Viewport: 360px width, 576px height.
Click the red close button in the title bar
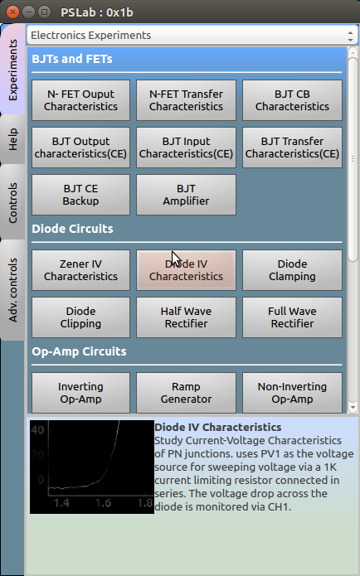point(13,12)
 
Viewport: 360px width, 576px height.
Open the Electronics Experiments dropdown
point(191,36)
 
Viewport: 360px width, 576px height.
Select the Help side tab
point(12,139)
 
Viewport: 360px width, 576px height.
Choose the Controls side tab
point(12,202)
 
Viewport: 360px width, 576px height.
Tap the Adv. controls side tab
point(12,290)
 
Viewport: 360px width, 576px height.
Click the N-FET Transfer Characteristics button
point(186,100)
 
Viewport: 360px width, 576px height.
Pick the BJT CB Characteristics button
point(292,100)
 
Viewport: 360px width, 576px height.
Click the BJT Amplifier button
point(186,195)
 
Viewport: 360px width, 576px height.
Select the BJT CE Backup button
point(80,195)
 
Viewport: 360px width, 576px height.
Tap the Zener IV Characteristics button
point(80,270)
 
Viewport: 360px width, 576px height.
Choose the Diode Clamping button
point(292,270)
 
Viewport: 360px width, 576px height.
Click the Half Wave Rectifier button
point(186,317)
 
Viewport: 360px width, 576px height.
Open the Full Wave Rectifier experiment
point(292,317)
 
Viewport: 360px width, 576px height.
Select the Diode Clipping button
point(80,317)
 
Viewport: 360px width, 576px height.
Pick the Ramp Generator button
point(186,393)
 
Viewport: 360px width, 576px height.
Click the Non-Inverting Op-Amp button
point(292,393)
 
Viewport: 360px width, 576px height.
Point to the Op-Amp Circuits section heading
point(79,351)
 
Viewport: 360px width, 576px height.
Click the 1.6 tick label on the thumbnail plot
point(104,502)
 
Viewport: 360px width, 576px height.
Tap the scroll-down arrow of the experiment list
point(353,407)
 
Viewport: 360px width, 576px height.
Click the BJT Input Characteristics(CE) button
point(186,148)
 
